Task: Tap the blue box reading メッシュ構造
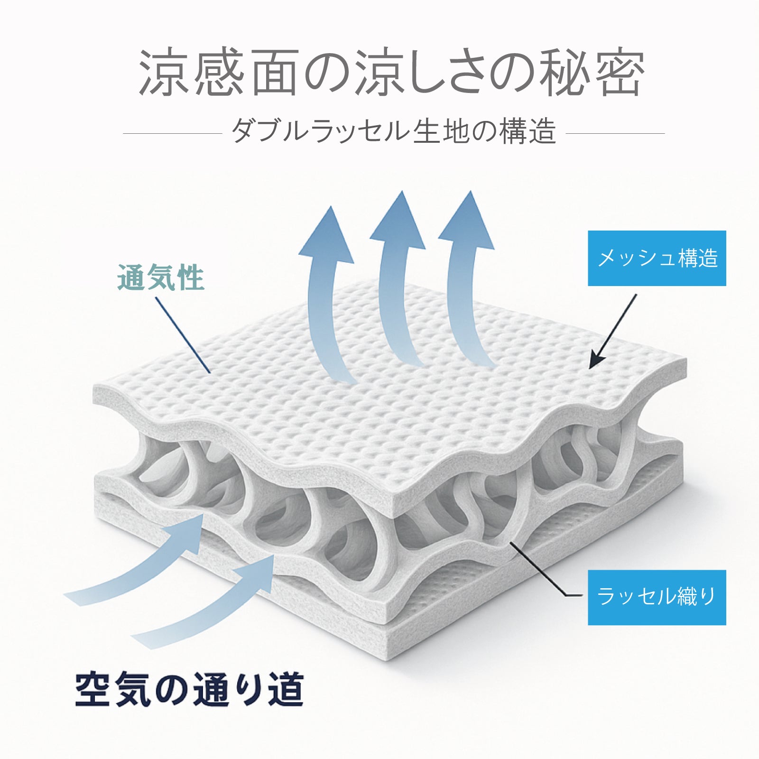click(657, 258)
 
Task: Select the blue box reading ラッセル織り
click(657, 597)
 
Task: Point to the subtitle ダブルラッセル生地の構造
click(393, 131)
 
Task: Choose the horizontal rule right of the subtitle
click(615, 133)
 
